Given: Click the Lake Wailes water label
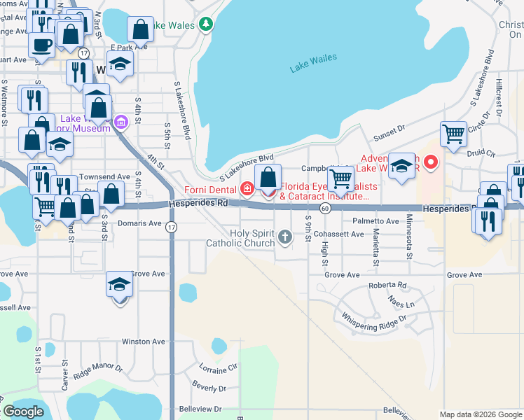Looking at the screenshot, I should (x=313, y=63).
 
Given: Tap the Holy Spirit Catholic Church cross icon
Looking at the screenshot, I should (x=284, y=237).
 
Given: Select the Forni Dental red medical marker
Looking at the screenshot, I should (x=247, y=188).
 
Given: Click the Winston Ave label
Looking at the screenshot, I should (x=143, y=342).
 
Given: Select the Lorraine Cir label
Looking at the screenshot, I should (x=218, y=368).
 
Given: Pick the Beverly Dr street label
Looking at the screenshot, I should (x=208, y=386).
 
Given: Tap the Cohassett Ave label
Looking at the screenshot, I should (x=339, y=234).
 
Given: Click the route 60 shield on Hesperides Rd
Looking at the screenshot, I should (x=325, y=209).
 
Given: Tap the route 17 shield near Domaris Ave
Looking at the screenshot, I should (x=172, y=226).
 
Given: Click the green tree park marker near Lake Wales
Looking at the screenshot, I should (x=206, y=25).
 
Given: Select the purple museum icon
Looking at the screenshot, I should (x=120, y=123).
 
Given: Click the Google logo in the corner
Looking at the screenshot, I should (x=25, y=412).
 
